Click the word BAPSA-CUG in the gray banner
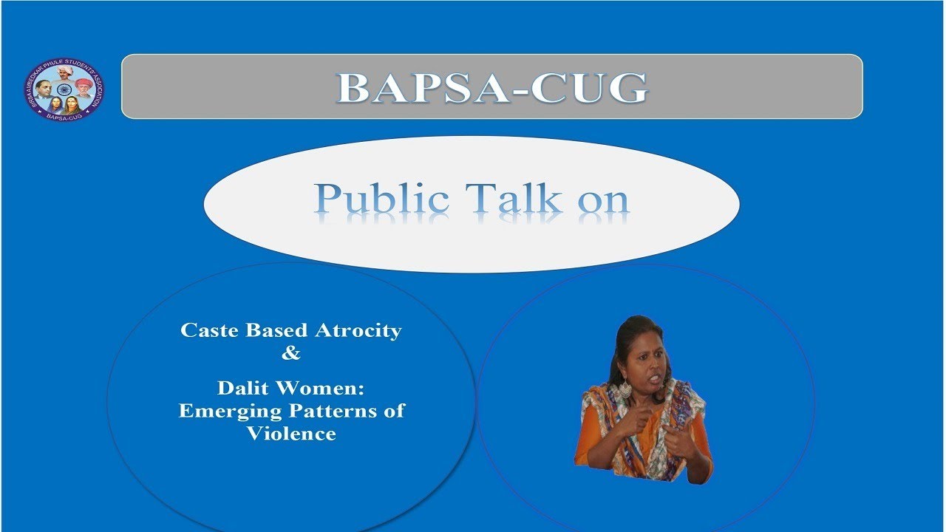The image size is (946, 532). pyautogui.click(x=492, y=87)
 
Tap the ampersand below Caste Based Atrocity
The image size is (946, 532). pyautogui.click(x=291, y=353)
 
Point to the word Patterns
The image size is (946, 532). pyautogui.click(x=338, y=410)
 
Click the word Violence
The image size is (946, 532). pyautogui.click(x=291, y=433)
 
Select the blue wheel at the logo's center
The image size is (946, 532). pyautogui.click(x=63, y=89)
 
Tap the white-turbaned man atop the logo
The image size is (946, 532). pyautogui.click(x=64, y=71)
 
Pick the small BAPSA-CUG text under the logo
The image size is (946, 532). pyautogui.click(x=63, y=115)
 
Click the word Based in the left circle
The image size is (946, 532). pyautogui.click(x=275, y=330)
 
